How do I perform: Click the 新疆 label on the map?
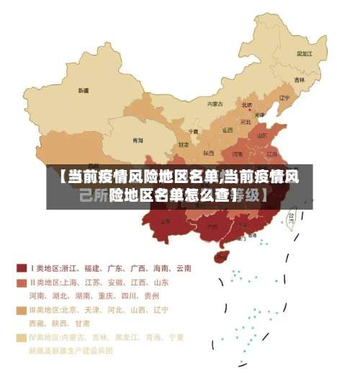(x=84, y=91)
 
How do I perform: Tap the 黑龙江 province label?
(x=304, y=53)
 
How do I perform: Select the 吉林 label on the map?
(x=299, y=80)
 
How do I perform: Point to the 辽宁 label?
(x=284, y=98)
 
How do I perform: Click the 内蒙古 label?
(x=215, y=104)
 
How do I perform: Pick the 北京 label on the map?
(x=247, y=105)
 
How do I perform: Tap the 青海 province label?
(x=137, y=140)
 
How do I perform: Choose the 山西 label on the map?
(x=228, y=130)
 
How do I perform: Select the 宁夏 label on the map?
(x=193, y=131)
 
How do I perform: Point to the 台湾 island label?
(x=292, y=215)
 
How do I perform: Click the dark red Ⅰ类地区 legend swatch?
(x=22, y=268)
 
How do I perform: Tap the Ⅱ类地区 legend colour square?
(x=22, y=282)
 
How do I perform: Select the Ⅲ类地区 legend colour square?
(x=22, y=310)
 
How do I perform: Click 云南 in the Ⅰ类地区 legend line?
(x=182, y=268)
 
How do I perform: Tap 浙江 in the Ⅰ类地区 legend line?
(x=71, y=268)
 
